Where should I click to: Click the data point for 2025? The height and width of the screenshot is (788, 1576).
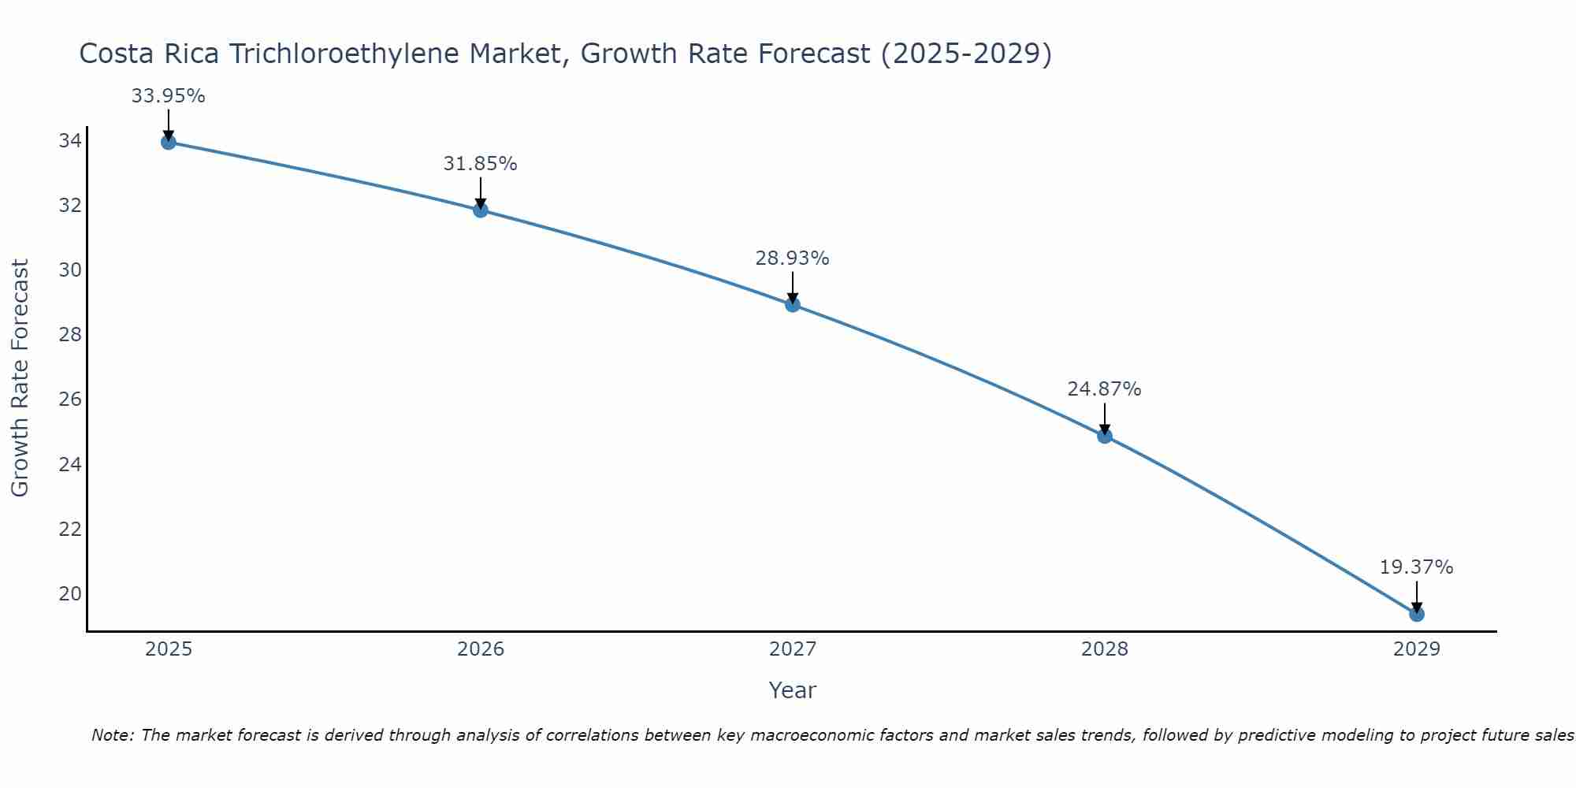point(168,142)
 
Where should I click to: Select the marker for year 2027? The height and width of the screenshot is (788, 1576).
point(793,304)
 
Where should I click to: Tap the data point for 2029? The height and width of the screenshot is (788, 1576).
point(1416,614)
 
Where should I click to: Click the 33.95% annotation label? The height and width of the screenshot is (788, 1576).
point(168,96)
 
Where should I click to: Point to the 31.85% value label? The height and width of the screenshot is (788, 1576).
point(480,164)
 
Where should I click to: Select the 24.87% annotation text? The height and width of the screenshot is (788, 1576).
point(1104,389)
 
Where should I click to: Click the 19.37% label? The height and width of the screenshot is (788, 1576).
point(1416,567)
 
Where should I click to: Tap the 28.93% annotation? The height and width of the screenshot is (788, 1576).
point(792,258)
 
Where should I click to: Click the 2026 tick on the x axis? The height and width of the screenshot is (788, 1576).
point(481,649)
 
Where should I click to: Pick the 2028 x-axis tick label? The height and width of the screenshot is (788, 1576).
point(1104,649)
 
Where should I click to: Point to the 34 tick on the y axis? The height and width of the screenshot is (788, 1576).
point(69,141)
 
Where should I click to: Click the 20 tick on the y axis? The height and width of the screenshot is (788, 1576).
point(69,593)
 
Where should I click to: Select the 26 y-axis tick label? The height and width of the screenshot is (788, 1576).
point(69,400)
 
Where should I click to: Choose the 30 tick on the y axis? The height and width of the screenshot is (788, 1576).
point(69,270)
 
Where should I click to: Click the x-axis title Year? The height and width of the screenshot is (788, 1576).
point(792,690)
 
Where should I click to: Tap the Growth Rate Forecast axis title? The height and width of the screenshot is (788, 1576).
point(20,378)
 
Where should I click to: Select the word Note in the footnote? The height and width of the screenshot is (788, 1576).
point(113,735)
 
